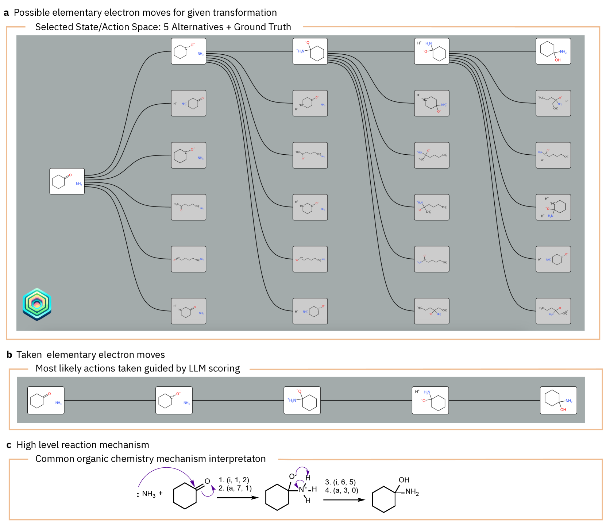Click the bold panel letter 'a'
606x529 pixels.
(x=6, y=13)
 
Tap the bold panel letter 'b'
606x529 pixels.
(x=9, y=355)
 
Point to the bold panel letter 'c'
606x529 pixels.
(x=9, y=445)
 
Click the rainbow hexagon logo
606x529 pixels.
(x=37, y=304)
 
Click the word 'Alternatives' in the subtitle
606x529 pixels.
(x=197, y=27)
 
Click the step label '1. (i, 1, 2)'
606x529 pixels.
(x=234, y=480)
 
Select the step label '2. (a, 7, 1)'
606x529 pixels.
(x=235, y=488)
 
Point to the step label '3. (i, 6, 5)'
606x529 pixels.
(x=340, y=482)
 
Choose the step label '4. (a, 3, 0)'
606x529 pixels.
(x=341, y=490)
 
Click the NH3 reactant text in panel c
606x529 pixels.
(x=148, y=494)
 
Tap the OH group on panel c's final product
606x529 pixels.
(x=404, y=480)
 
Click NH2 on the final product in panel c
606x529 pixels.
(x=412, y=492)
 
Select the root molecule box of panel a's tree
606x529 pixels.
(x=67, y=181)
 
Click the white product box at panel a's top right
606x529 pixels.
(x=553, y=51)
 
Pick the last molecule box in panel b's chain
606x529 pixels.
(x=558, y=401)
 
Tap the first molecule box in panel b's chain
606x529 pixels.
(x=46, y=401)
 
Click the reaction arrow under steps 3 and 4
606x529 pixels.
(x=344, y=500)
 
